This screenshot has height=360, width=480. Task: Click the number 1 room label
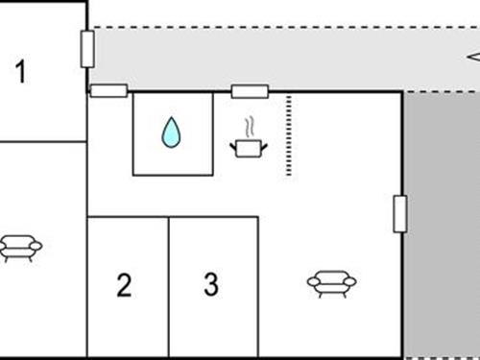point(21,71)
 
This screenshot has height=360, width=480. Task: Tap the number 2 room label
point(124,285)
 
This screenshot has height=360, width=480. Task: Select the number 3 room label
point(211,284)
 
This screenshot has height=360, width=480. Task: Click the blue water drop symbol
point(171,132)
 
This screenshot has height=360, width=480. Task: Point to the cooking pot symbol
point(248,147)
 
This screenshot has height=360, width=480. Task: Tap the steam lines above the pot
point(250,126)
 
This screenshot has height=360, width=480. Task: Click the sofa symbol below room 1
point(20,248)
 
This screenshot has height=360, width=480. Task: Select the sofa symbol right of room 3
point(331,281)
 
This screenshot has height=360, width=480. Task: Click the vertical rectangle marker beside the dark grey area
point(400,213)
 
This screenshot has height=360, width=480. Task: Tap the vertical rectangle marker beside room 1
point(87,48)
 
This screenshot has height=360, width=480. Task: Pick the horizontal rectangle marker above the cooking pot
point(250,92)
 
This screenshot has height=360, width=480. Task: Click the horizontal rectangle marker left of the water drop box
point(108,91)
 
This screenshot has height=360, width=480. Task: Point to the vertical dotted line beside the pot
point(288,134)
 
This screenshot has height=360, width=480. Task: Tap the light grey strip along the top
point(288,58)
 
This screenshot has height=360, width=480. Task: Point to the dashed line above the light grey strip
point(288,27)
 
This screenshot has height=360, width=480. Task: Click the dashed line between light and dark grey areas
point(442,92)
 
